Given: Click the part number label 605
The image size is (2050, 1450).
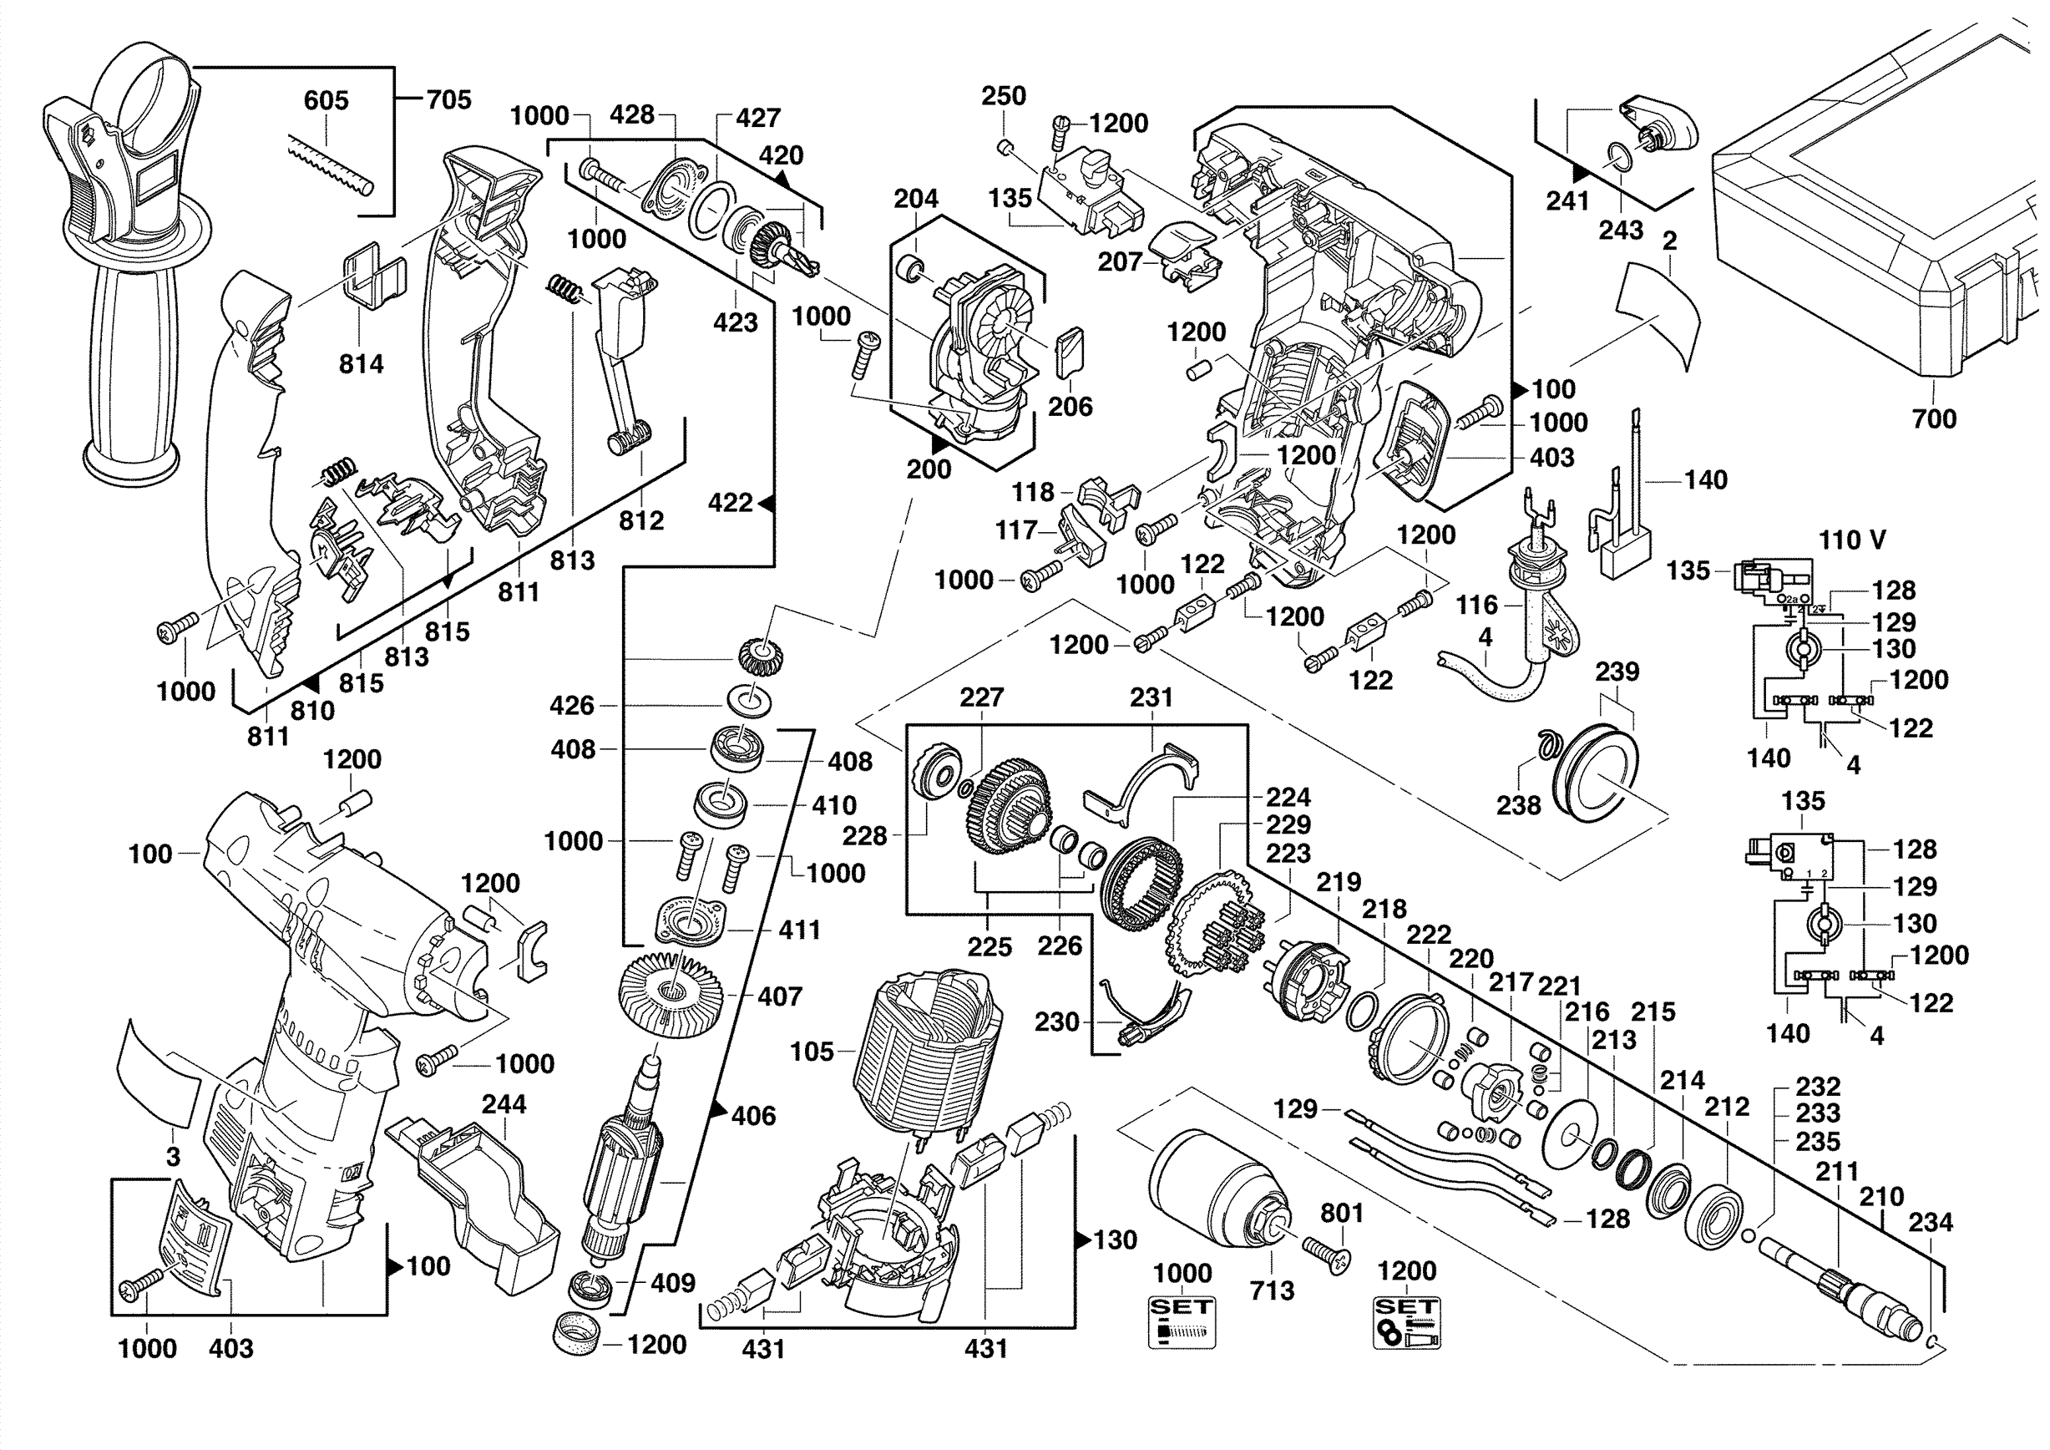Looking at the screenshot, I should [325, 100].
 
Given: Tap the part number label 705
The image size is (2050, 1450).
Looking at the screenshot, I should [448, 99].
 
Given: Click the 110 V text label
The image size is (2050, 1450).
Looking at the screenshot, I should [1853, 540].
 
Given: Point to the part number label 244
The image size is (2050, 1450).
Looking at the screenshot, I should [504, 1104].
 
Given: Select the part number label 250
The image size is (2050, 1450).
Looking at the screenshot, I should [1004, 95].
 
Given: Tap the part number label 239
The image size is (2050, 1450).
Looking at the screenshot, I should [1617, 672].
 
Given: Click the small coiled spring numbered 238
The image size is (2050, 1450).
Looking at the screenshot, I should [1546, 743].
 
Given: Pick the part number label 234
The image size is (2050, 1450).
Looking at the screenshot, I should [1931, 1222].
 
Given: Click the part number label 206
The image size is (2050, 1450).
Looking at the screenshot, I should [1070, 406].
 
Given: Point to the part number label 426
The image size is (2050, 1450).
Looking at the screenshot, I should [571, 705].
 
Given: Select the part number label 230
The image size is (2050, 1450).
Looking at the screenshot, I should [1056, 1022].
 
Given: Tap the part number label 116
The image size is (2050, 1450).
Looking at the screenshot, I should [1477, 606].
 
